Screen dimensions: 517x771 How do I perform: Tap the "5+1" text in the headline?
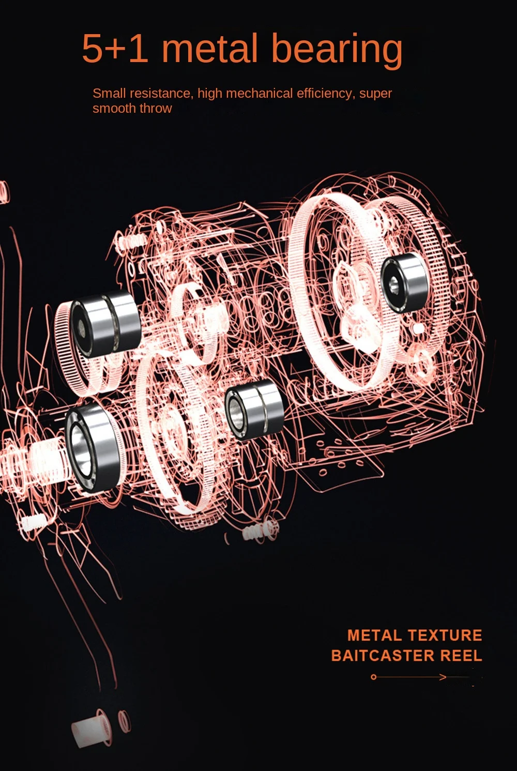click(x=115, y=48)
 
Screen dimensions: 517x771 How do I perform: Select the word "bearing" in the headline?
click(x=337, y=51)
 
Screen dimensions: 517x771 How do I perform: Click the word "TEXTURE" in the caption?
click(x=445, y=636)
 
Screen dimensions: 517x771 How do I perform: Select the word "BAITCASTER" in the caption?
click(x=383, y=656)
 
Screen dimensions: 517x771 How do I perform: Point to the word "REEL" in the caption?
click(x=461, y=656)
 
